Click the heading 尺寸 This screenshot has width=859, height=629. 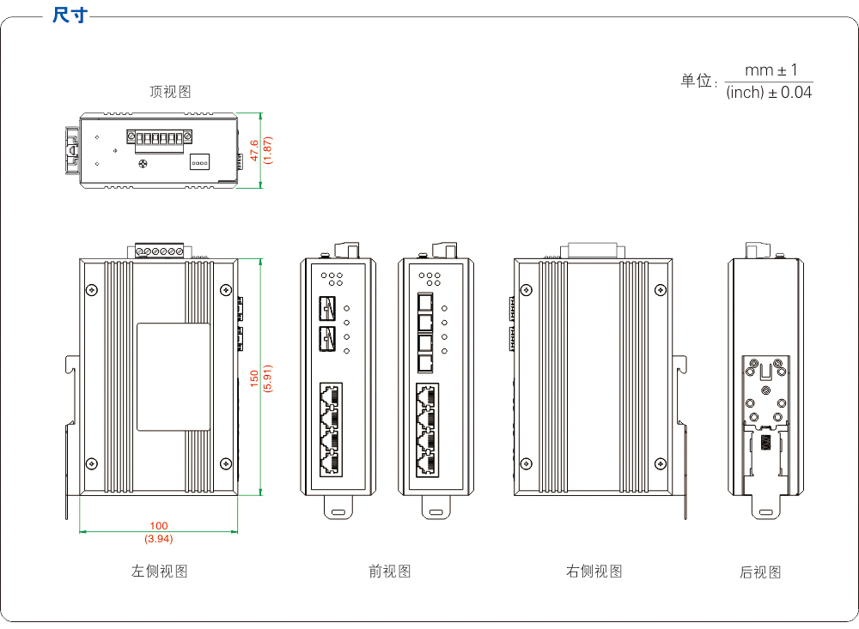[70, 15]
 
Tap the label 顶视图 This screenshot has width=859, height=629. [170, 92]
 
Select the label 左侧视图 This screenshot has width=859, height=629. [159, 572]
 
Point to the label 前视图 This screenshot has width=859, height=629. [390, 572]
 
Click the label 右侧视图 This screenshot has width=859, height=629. [594, 572]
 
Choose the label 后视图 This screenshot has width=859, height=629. [760, 572]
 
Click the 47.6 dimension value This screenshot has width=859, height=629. [253, 150]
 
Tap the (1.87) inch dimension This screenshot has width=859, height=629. [268, 150]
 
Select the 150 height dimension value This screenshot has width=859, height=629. [253, 378]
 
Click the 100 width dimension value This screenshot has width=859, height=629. [159, 526]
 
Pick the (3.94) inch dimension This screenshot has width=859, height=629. [159, 539]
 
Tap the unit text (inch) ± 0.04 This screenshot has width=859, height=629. [768, 93]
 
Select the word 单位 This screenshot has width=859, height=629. [696, 82]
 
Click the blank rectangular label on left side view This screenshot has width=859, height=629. [174, 377]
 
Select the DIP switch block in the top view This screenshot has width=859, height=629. [199, 161]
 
